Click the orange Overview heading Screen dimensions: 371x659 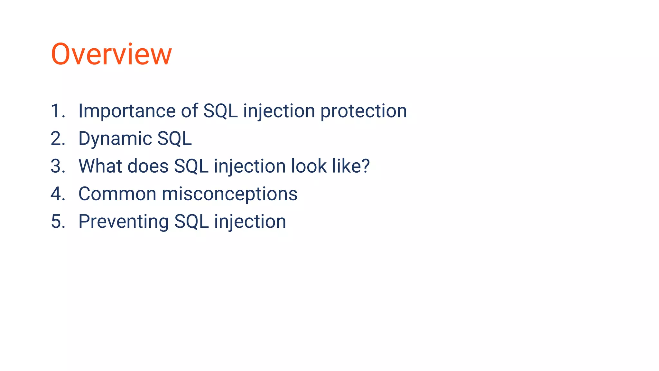111,54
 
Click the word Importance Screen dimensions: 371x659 127,111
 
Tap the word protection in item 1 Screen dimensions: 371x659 364,111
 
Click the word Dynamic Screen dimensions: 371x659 115,138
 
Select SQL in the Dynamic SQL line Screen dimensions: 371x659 174,138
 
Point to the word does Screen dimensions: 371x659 148,166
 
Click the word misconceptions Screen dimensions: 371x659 229,194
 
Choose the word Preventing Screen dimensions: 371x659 123,222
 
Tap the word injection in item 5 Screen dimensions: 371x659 250,222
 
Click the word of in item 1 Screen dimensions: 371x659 189,111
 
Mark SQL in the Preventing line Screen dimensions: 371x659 191,222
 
